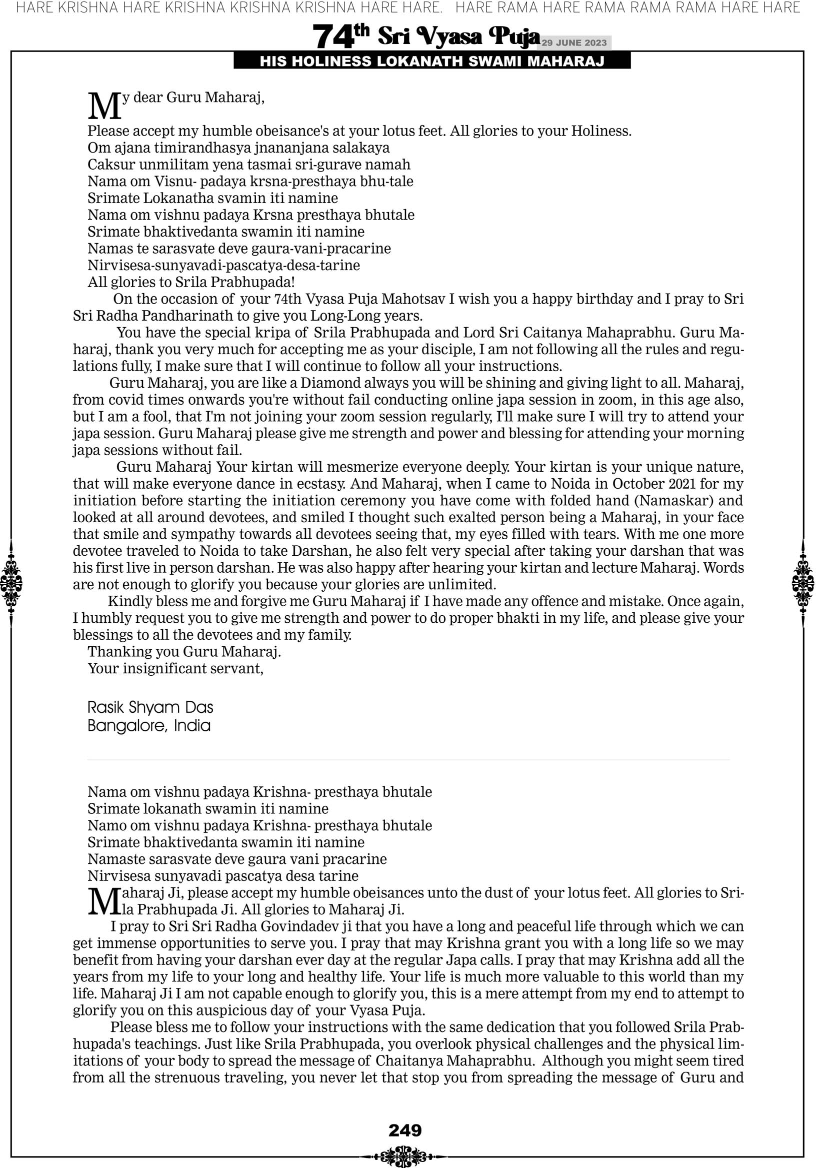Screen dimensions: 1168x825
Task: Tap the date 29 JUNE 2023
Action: pyautogui.click(x=573, y=43)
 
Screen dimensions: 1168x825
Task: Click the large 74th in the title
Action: pyautogui.click(x=340, y=37)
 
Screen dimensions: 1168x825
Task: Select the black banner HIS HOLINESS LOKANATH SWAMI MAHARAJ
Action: pyautogui.click(x=432, y=62)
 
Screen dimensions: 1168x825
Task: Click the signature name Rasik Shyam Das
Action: pyautogui.click(x=150, y=708)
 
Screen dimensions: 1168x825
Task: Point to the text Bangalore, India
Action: pyautogui.click(x=149, y=725)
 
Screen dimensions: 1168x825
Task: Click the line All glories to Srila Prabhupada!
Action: pyautogui.click(x=191, y=282)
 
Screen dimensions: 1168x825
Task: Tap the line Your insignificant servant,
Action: pyautogui.click(x=175, y=668)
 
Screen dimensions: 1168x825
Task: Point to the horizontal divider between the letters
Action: pyautogui.click(x=408, y=760)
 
